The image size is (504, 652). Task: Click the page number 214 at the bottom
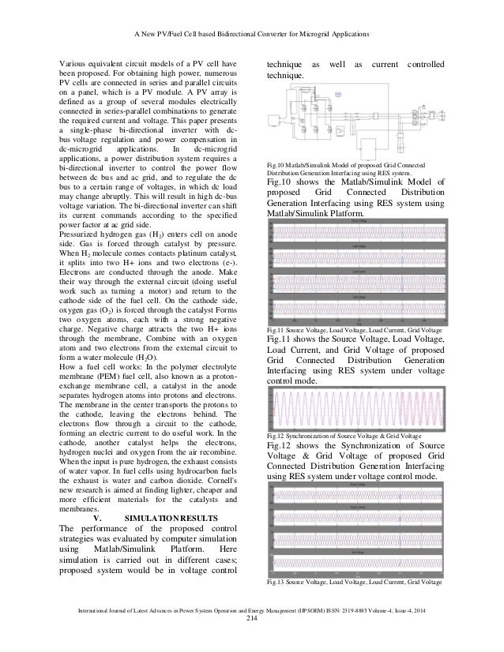(252, 628)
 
